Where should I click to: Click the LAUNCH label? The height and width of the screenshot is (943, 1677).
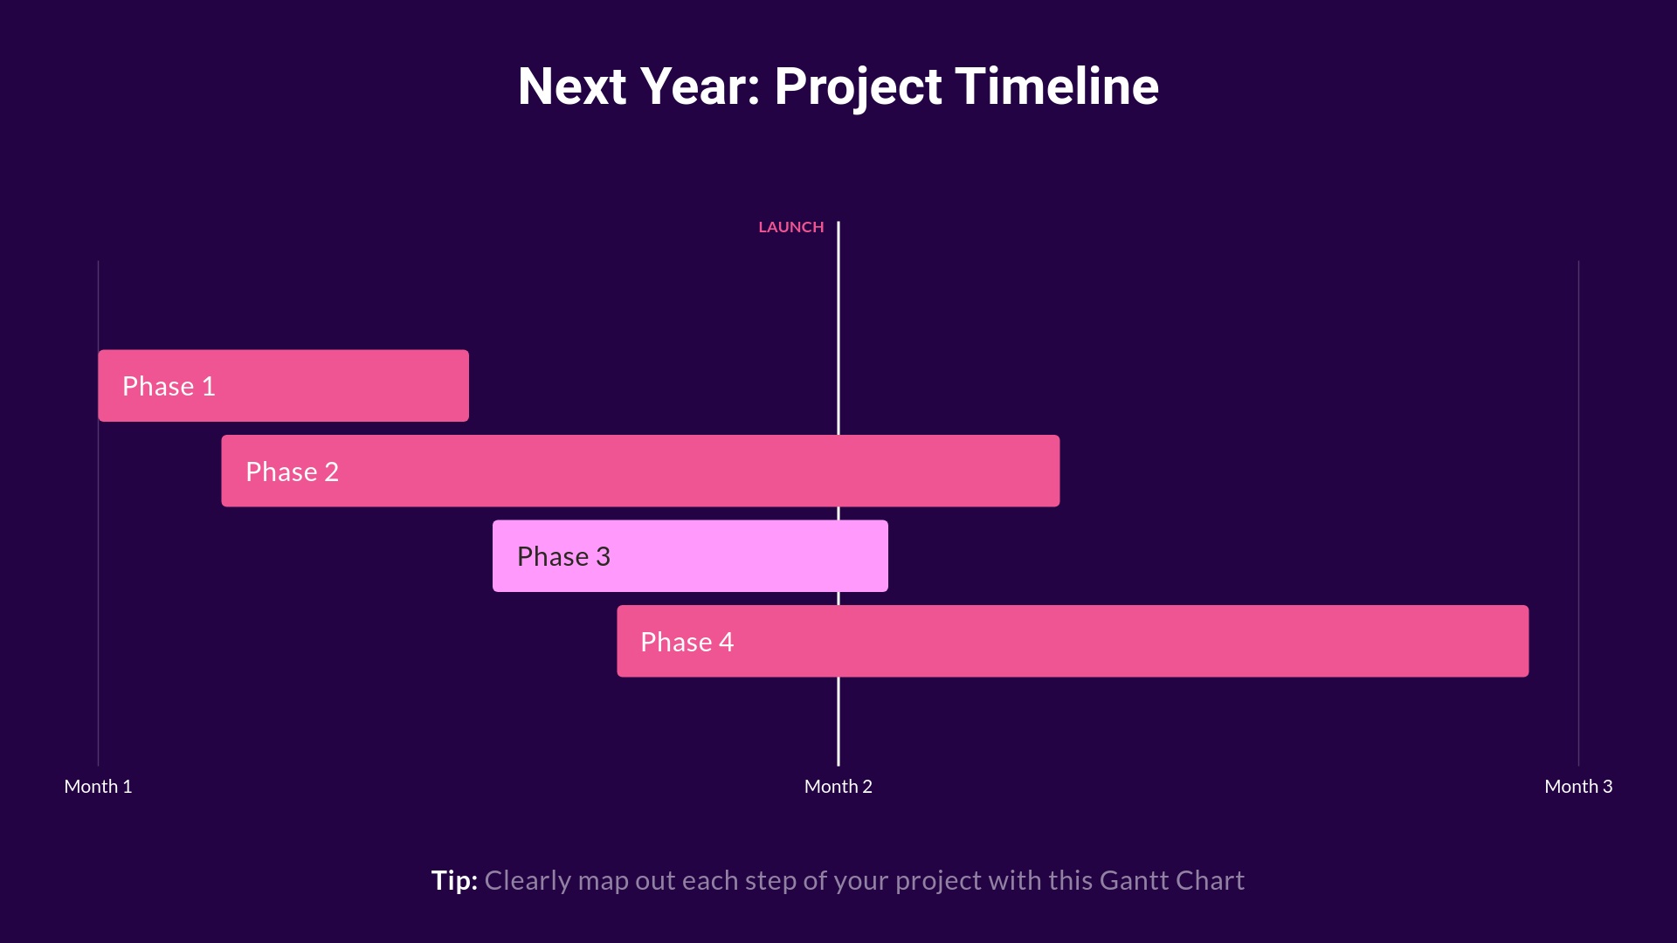[x=790, y=227]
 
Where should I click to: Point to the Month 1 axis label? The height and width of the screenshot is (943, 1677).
[x=98, y=786]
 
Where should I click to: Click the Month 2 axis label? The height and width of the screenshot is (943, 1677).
[x=838, y=786]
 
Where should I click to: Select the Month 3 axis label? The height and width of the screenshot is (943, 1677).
[x=1577, y=786]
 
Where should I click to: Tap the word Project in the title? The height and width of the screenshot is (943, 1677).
[x=858, y=86]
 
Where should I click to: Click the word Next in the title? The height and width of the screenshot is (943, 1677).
[x=572, y=86]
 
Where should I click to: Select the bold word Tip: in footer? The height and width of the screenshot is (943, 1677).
[x=454, y=880]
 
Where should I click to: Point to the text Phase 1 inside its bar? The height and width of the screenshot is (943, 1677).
[x=169, y=386]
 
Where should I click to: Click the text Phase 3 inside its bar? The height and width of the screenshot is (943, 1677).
[x=563, y=556]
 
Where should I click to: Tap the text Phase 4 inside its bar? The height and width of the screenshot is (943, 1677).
[x=687, y=642]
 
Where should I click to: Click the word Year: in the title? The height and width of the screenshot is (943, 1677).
[x=700, y=86]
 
